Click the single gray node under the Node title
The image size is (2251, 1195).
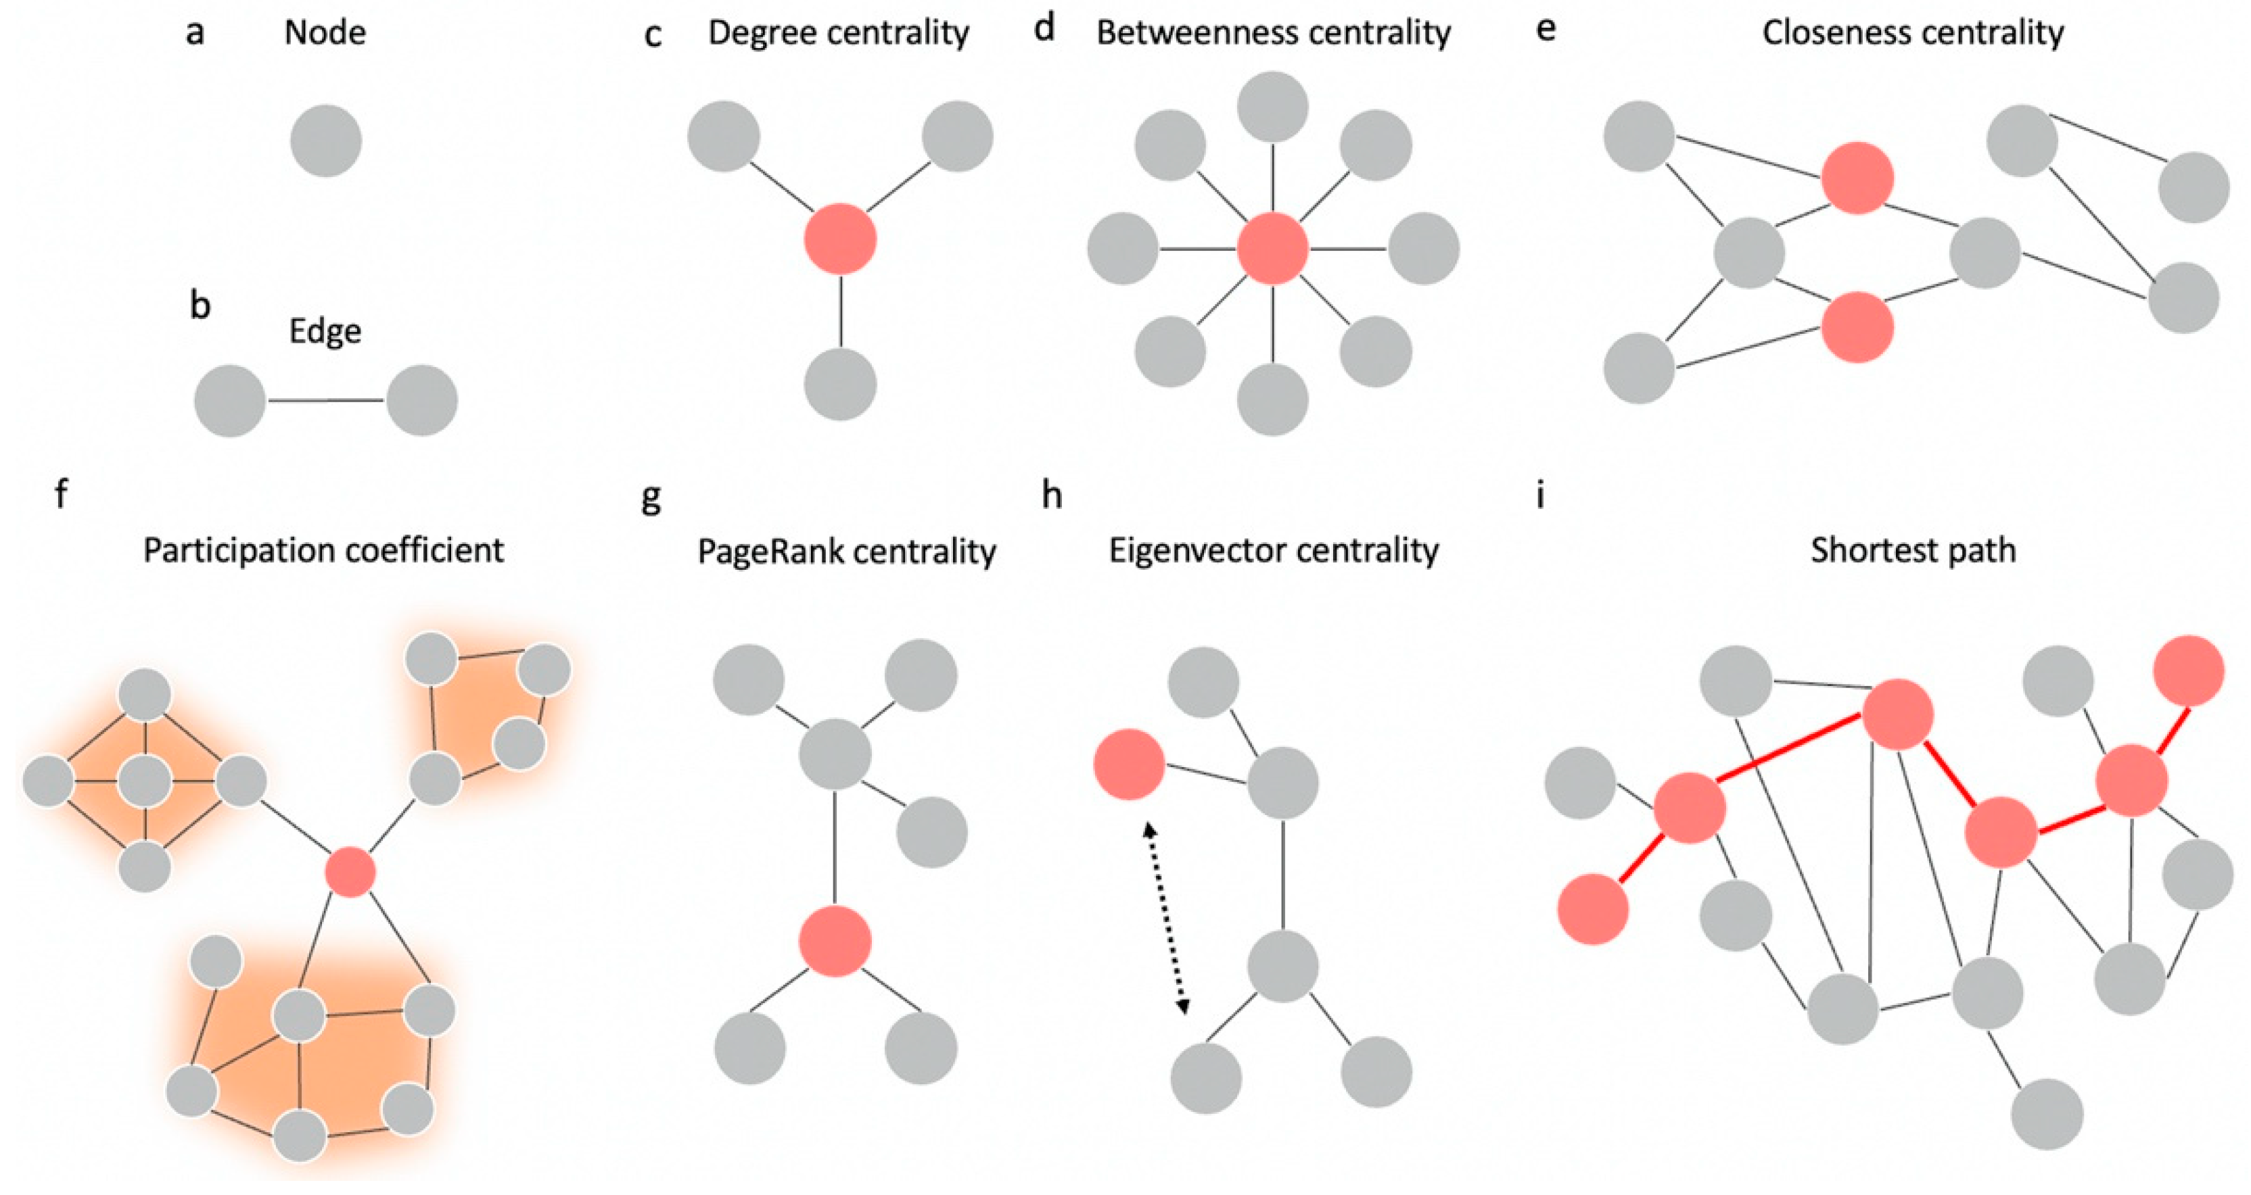click(x=326, y=141)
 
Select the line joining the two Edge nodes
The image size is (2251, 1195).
click(x=326, y=401)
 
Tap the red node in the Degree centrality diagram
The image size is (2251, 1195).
click(x=840, y=239)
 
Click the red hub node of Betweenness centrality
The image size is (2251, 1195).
click(x=1272, y=249)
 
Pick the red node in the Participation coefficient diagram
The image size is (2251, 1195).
click(x=350, y=871)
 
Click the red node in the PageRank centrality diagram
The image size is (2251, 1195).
click(x=835, y=941)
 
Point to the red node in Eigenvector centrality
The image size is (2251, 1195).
click(x=1129, y=765)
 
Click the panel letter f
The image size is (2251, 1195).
click(x=60, y=494)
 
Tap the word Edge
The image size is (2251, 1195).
click(x=325, y=332)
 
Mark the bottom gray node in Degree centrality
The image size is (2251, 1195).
click(x=840, y=385)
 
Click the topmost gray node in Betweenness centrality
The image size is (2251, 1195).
click(x=1272, y=107)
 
